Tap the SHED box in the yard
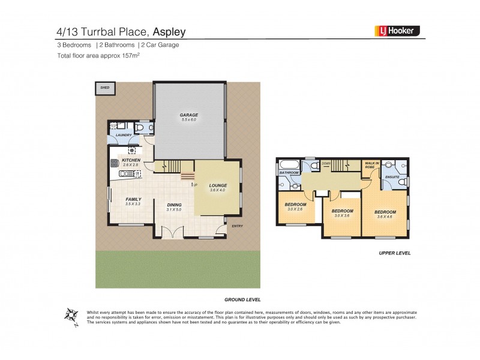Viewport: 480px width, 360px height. (x=105, y=88)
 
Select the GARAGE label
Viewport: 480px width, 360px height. (x=189, y=115)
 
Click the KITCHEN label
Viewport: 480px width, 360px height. (x=131, y=160)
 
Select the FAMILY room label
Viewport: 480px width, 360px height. (x=133, y=199)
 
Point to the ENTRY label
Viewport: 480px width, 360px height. (x=238, y=226)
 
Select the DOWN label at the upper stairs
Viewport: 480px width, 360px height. (x=326, y=163)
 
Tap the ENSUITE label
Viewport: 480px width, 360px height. (x=391, y=178)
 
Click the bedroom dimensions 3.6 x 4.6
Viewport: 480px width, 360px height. (x=385, y=217)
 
